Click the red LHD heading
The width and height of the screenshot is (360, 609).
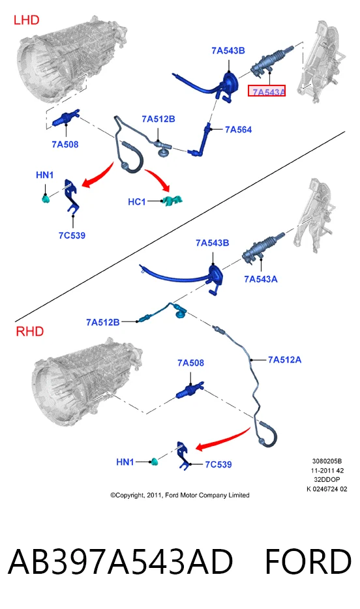tap(26, 20)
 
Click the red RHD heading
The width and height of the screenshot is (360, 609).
tap(29, 331)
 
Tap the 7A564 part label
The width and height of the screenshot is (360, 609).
tap(239, 129)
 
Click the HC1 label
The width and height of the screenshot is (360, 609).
tap(137, 201)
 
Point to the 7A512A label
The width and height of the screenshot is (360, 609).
tap(284, 360)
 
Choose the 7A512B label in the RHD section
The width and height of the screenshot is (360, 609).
tap(102, 322)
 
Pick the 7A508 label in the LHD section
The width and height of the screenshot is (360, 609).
tap(65, 144)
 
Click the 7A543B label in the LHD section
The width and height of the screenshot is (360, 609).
tap(228, 50)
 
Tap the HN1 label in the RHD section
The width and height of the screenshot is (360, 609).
tap(125, 462)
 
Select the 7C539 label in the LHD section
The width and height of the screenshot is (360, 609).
tap(72, 235)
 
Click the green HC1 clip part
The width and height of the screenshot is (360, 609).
tap(172, 200)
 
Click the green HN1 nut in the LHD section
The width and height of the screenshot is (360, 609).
tap(46, 200)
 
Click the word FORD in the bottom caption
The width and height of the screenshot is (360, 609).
tap(308, 561)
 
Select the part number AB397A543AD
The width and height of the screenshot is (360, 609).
tap(121, 561)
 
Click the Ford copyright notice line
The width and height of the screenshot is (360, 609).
tap(180, 495)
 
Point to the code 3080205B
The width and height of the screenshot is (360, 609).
tap(327, 461)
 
